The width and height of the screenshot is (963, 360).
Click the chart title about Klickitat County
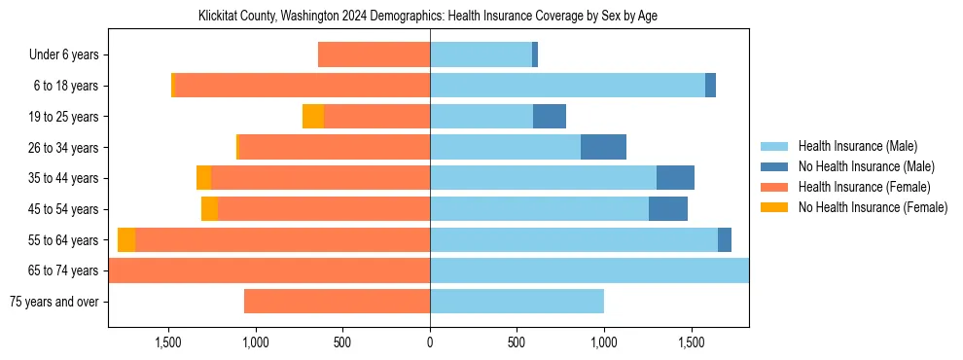tap(428, 17)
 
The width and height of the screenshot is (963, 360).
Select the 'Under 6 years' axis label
tap(63, 55)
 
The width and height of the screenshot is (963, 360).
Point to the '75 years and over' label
tap(53, 302)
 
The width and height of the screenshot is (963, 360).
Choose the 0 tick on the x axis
tap(430, 342)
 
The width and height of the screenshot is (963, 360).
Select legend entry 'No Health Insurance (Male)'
tap(865, 166)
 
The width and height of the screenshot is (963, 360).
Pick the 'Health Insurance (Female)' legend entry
tap(863, 187)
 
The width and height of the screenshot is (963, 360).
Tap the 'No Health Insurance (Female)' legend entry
tap(872, 207)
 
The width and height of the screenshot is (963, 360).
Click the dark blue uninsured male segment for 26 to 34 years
tap(603, 147)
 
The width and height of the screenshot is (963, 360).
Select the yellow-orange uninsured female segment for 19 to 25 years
tap(313, 117)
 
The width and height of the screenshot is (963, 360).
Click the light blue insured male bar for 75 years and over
tap(517, 302)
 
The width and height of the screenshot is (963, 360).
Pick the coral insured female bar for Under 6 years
tap(374, 55)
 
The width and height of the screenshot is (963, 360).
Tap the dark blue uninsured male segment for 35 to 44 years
tap(675, 178)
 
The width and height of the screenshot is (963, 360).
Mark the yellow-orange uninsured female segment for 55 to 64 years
tap(126, 239)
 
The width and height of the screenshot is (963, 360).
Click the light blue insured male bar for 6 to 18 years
tap(567, 86)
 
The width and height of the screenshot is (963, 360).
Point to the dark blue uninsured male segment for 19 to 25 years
tap(550, 117)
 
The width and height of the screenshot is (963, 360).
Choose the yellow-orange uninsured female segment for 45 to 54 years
tap(209, 209)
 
